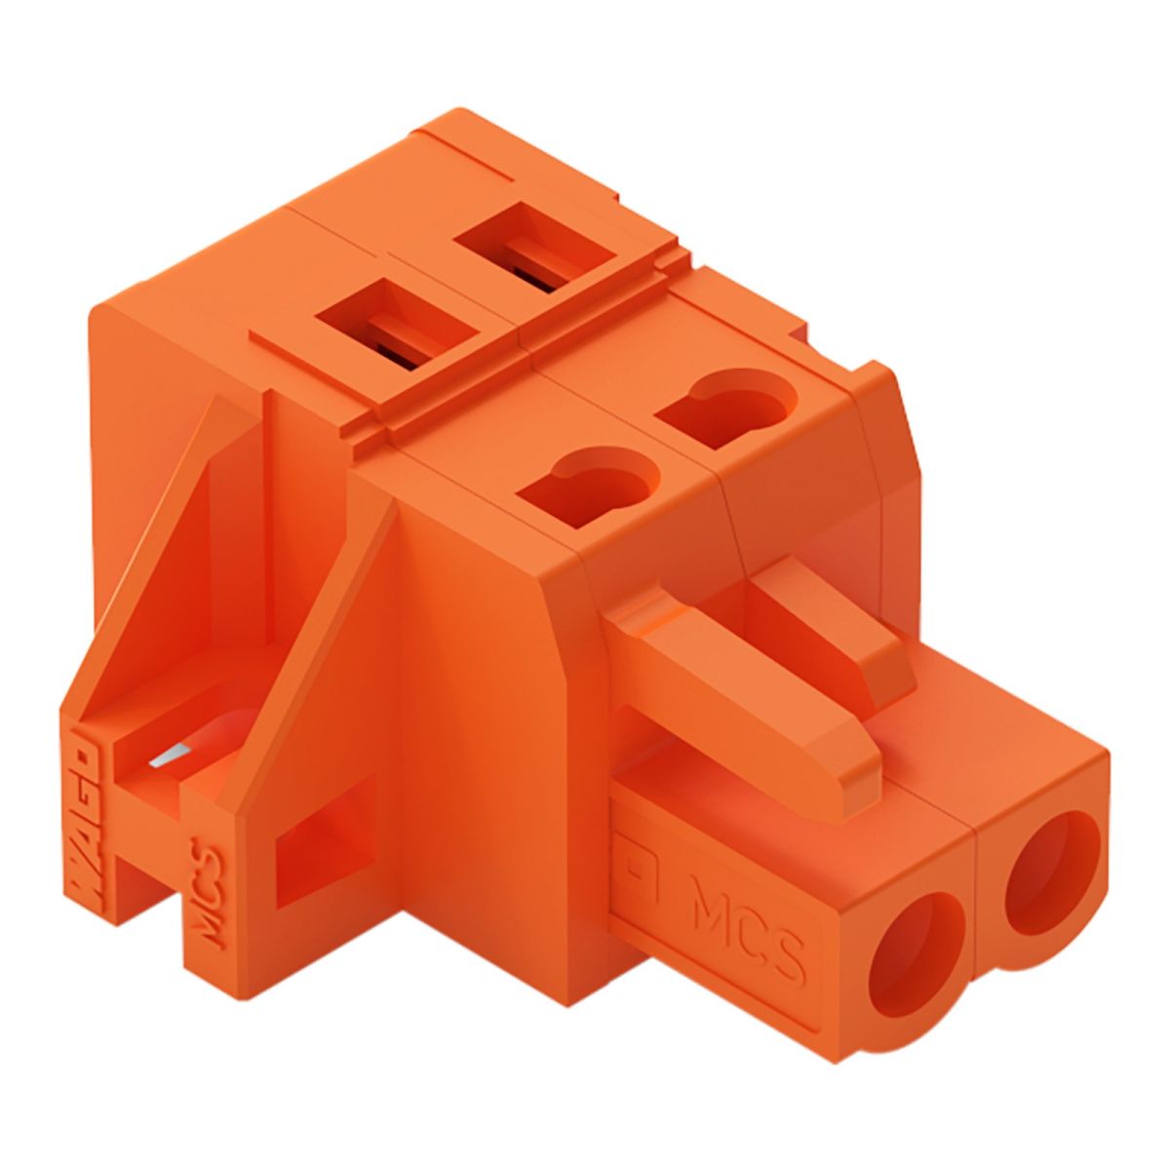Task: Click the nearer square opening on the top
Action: [400, 327]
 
